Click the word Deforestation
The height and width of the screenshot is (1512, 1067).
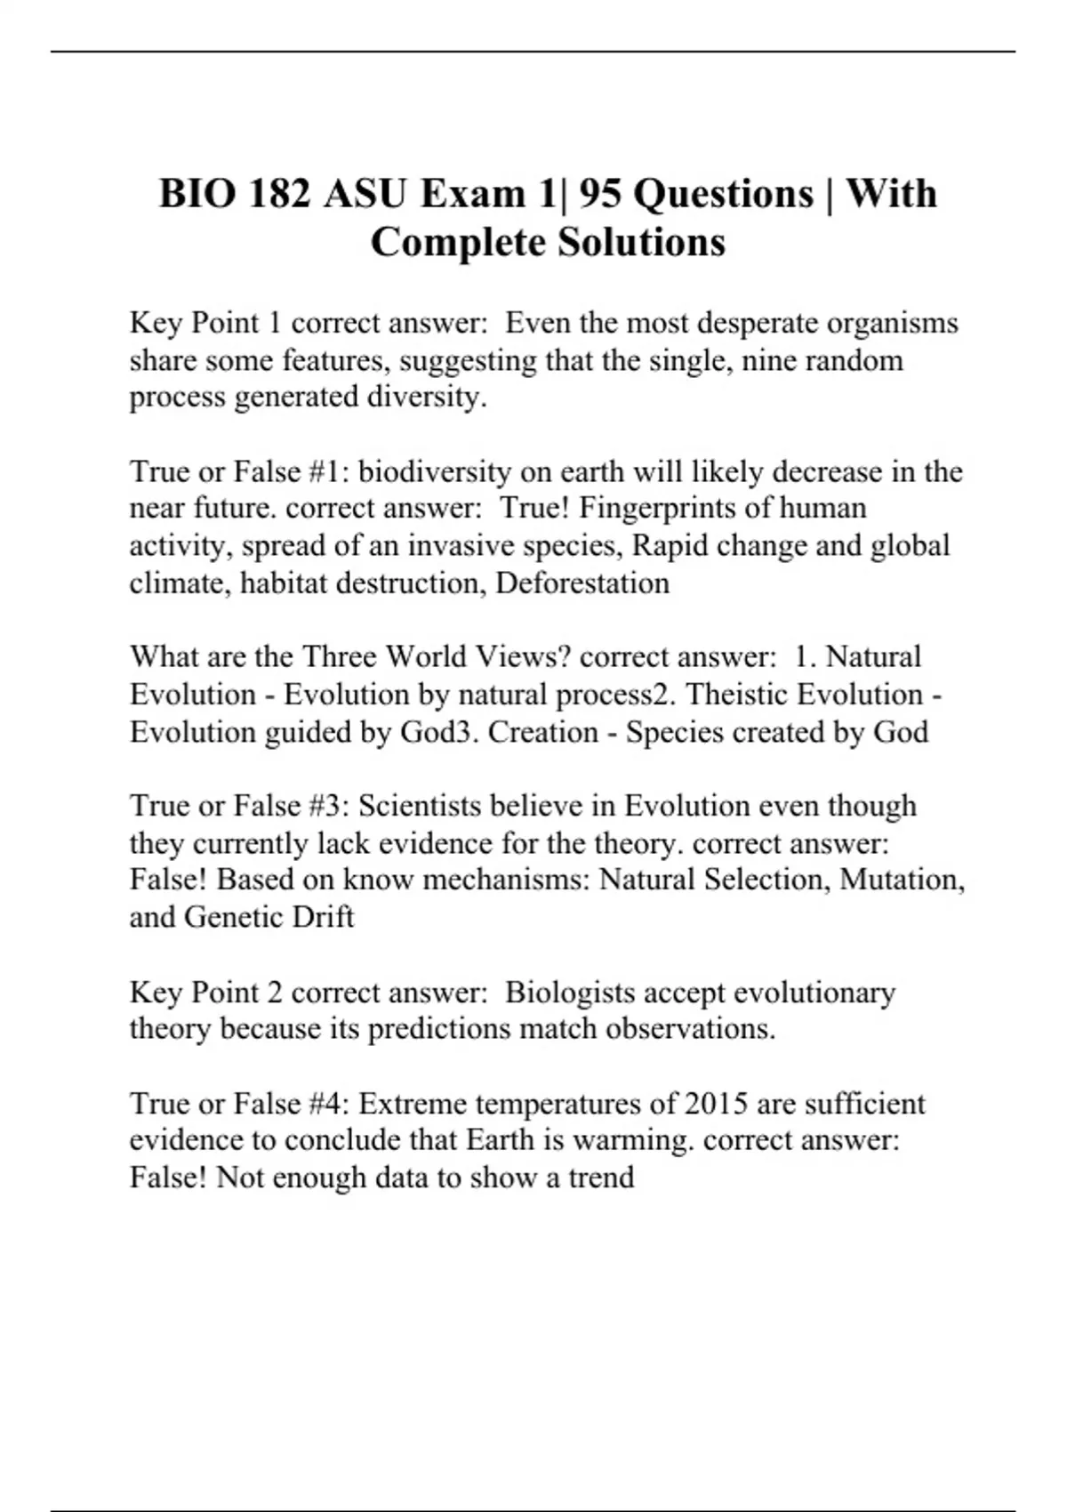coord(582,583)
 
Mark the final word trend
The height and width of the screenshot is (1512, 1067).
coord(601,1178)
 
